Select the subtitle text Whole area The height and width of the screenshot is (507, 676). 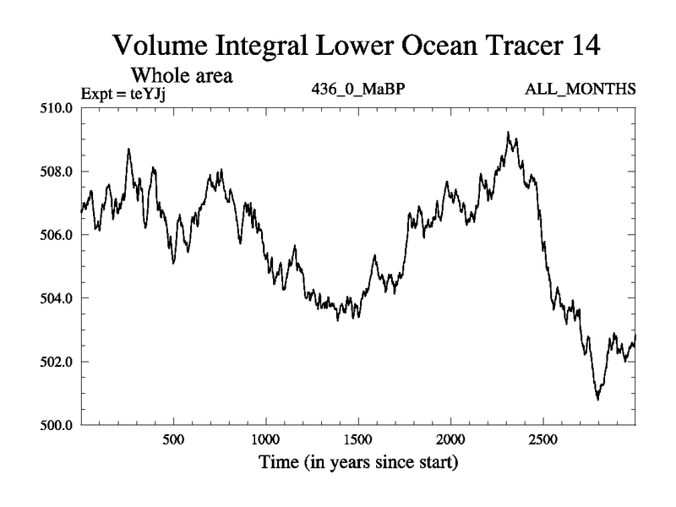click(x=180, y=75)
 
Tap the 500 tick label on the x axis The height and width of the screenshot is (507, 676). click(x=173, y=440)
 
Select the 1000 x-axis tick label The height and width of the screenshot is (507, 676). click(x=265, y=440)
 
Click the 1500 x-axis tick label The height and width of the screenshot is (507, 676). click(x=358, y=440)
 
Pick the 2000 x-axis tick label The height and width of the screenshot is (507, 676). click(x=450, y=440)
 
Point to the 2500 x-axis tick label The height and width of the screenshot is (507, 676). click(x=542, y=440)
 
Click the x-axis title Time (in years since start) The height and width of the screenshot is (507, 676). click(x=357, y=464)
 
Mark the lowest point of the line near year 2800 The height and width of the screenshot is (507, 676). click(x=598, y=399)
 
